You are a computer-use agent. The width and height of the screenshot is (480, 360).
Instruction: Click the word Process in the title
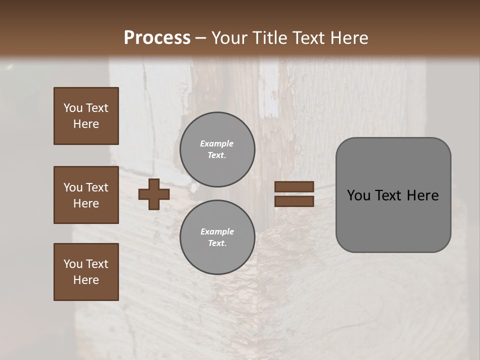pos(157,38)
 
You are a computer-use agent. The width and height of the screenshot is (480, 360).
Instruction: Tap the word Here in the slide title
pos(348,38)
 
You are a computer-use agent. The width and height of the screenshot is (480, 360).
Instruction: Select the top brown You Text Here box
pos(86,116)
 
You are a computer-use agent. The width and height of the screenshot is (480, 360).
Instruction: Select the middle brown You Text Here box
pos(86,195)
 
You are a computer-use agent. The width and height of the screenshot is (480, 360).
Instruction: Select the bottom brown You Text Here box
pos(86,272)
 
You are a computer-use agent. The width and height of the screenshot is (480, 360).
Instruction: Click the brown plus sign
pos(153,194)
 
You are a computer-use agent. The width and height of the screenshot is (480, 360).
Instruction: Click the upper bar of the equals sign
pos(294,187)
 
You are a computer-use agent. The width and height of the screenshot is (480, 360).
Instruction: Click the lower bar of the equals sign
pos(294,201)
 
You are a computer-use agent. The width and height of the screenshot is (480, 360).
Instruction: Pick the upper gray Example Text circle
pos(217,149)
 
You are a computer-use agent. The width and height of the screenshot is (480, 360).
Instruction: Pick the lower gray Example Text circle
pos(217,237)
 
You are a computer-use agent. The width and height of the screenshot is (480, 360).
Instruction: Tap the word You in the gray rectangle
pos(358,195)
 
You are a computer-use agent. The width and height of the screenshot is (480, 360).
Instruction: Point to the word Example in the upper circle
pos(217,143)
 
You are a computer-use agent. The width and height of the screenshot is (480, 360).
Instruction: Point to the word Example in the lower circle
pos(217,231)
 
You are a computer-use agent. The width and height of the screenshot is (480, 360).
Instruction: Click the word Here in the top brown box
pos(86,124)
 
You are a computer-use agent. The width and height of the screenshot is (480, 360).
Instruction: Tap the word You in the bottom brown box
pos(73,264)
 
